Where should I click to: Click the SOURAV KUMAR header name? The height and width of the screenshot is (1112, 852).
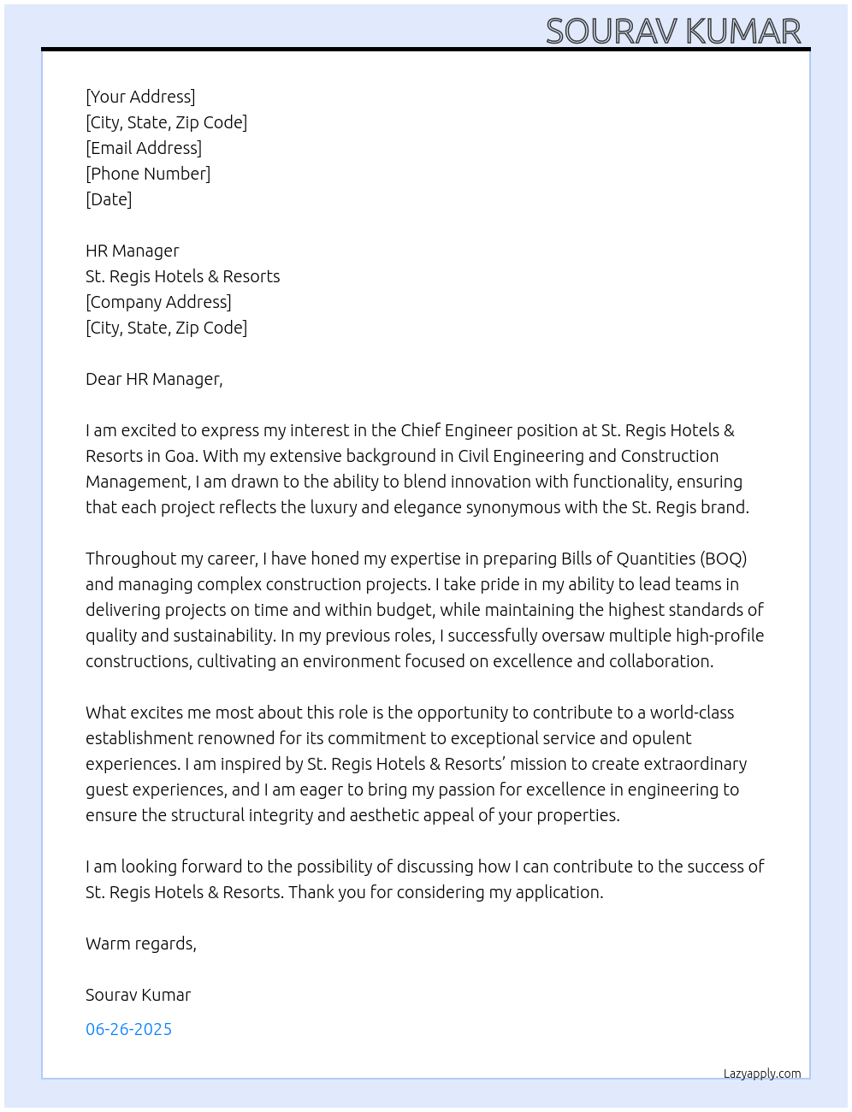coord(673,32)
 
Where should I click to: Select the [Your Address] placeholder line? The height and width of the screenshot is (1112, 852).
coord(140,97)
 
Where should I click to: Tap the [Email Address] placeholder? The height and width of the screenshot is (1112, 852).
coord(144,148)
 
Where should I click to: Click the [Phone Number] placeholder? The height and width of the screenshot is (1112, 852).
coord(148,174)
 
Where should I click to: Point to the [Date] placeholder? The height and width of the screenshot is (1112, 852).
coord(109,199)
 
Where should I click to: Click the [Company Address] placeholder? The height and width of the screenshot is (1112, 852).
coord(158,302)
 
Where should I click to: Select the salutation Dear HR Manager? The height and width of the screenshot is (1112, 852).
coord(154,379)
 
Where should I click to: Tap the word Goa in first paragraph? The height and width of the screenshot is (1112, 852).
coord(180,456)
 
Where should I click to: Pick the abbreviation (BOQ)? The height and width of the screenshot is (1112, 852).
coord(723,559)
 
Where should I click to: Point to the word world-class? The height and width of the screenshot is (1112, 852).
coord(691,713)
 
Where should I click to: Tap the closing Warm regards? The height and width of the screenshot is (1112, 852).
coord(141,943)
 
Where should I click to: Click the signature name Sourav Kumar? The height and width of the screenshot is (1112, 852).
coord(138,995)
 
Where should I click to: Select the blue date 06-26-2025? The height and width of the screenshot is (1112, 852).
coord(128,1029)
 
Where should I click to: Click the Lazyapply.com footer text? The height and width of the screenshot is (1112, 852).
coord(762,1074)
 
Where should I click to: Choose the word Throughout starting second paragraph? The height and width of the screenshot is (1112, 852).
coord(128,559)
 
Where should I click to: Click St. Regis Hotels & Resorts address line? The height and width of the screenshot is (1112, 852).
coord(182,276)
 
